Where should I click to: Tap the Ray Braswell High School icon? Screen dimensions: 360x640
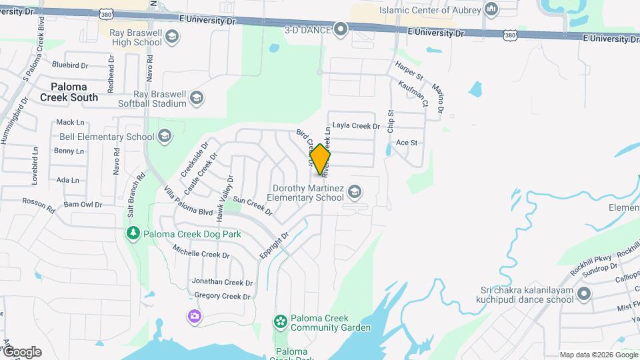[x=172, y=35]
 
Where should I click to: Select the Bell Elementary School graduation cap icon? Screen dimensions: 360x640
[x=165, y=137]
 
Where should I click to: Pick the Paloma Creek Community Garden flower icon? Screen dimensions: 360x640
[x=281, y=322]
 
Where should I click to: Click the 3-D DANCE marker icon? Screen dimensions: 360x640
[x=341, y=29]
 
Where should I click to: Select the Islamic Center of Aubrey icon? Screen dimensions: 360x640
[x=492, y=9]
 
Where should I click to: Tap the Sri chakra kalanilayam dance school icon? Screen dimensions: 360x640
[x=584, y=294]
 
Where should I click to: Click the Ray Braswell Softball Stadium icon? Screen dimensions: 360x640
[x=197, y=99]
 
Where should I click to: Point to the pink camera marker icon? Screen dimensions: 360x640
[x=195, y=316]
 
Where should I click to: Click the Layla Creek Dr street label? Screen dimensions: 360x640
[x=355, y=125]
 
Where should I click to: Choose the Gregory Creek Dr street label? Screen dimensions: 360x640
[x=223, y=296]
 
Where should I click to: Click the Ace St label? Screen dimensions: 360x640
[x=406, y=143]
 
